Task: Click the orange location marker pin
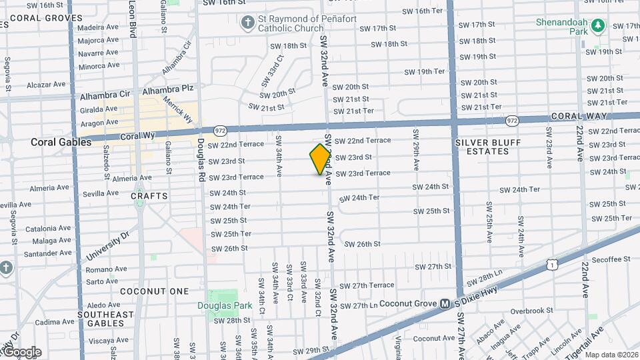click(x=321, y=159)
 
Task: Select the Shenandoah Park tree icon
click(x=598, y=25)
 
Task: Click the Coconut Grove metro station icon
click(x=444, y=303)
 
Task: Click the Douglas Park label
click(x=223, y=306)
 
